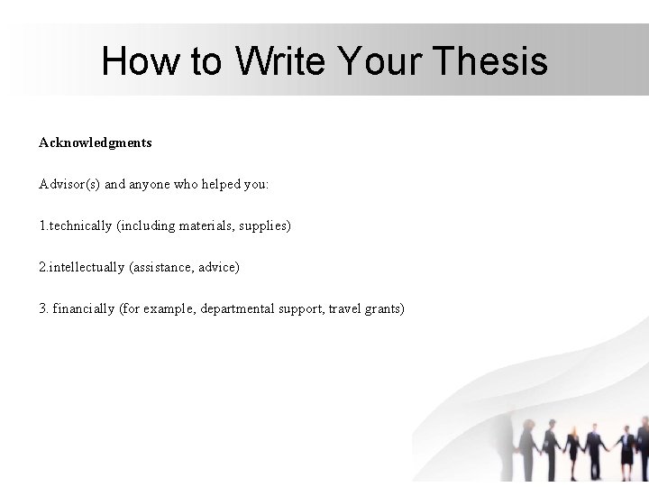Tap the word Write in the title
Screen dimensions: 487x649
point(281,61)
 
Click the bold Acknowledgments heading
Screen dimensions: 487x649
point(96,142)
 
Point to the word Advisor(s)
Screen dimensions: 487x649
point(70,184)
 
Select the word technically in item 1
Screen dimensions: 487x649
point(81,225)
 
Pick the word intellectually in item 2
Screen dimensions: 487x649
point(87,267)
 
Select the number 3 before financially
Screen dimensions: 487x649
point(42,308)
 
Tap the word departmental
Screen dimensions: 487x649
point(240,308)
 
